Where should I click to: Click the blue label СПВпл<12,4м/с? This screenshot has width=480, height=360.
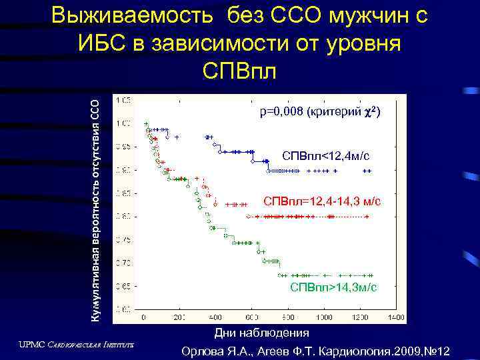pyautogui.click(x=325, y=156)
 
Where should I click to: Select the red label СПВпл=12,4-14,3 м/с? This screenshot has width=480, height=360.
pyautogui.click(x=322, y=201)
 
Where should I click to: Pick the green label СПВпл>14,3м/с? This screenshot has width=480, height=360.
pyautogui.click(x=333, y=287)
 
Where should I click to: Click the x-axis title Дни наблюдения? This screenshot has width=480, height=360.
pyautogui.click(x=261, y=333)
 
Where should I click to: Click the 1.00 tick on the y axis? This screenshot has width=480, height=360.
pyautogui.click(x=124, y=123)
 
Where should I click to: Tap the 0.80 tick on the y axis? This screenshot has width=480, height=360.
pyautogui.click(x=124, y=217)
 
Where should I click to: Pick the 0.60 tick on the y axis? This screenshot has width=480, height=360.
pyautogui.click(x=124, y=309)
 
